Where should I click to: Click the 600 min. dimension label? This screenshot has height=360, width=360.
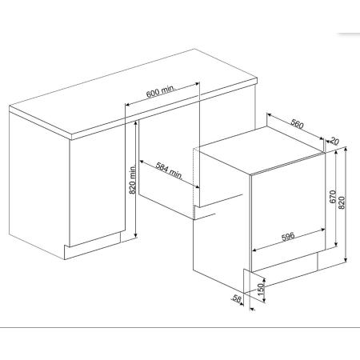[161, 91]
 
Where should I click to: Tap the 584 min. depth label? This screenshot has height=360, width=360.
[170, 170]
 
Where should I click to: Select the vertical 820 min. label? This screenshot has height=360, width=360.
[133, 179]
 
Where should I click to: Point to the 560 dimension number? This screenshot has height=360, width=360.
[297, 123]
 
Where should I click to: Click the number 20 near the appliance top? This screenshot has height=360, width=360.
[334, 141]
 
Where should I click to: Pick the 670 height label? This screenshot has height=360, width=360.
[333, 197]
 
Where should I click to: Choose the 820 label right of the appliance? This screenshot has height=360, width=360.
[342, 202]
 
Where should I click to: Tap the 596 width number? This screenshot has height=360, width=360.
[288, 236]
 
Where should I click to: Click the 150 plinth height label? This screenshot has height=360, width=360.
[261, 290]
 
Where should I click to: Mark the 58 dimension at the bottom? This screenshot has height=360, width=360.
[237, 298]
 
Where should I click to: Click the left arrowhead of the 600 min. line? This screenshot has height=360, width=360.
[127, 104]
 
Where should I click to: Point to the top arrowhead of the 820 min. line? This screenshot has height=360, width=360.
[136, 122]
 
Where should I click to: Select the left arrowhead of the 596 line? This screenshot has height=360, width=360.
[254, 250]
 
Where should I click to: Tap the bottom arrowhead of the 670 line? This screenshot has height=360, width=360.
[336, 244]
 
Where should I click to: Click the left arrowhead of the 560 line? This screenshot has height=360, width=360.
[269, 115]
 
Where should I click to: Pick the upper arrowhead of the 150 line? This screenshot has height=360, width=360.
[264, 280]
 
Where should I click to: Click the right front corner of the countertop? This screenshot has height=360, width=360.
[257, 78]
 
